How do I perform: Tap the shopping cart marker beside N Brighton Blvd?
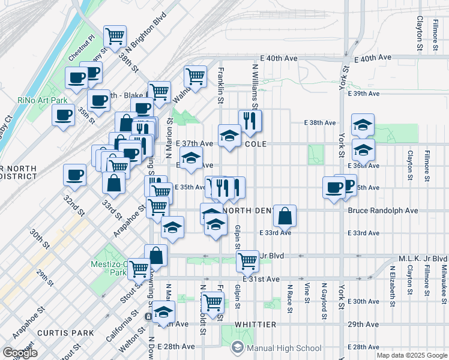pyautogui.click(x=115, y=36)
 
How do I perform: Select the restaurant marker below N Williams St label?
pyautogui.click(x=250, y=121)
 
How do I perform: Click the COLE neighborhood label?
pyautogui.click(x=255, y=144)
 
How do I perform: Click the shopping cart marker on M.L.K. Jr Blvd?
pyautogui.click(x=247, y=261)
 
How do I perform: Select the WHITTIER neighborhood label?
pyautogui.click(x=255, y=325)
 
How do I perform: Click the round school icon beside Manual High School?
pyautogui.click(x=238, y=347)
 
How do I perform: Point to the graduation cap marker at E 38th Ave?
pyautogui.click(x=363, y=125)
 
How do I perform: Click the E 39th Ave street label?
pyautogui.click(x=366, y=94)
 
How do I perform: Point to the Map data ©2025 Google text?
pyautogui.click(x=412, y=355)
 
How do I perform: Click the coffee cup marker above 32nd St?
pyautogui.click(x=75, y=175)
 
